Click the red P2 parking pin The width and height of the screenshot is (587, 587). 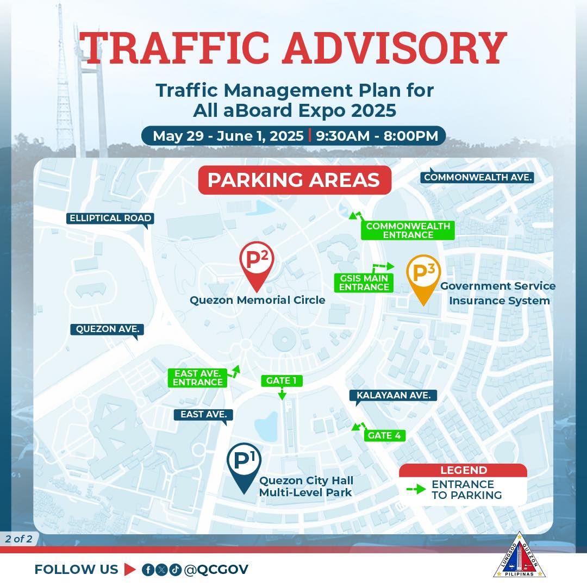coord(257,262)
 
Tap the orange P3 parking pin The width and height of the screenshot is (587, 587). coord(423,275)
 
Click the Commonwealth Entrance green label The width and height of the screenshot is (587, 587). coord(408,230)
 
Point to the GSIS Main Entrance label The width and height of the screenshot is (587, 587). coord(364,283)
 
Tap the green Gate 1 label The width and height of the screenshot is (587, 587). coord(282,380)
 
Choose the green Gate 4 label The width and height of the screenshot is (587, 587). coord(384,435)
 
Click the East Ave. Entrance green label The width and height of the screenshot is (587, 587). coord(198,378)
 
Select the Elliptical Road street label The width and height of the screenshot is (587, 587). coord(110,218)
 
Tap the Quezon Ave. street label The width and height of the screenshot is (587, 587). coord(108,329)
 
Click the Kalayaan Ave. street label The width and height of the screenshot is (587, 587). coord(394,395)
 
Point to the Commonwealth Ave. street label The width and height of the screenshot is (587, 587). coord(478,177)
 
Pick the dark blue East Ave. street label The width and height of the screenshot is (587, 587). coord(204,414)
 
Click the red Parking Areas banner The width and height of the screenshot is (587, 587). coord(295,180)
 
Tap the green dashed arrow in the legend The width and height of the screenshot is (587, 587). coord(416,489)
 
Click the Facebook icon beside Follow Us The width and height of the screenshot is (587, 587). coord(148,570)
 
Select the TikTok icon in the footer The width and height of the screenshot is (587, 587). coord(175,570)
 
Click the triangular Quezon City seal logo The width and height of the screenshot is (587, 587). coord(520,555)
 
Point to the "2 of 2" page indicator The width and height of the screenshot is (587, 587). coord(18,539)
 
